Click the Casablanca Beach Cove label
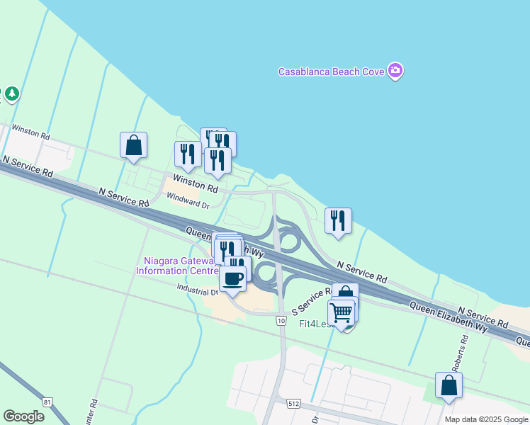coord(331,72)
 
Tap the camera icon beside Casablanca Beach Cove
coord(395,71)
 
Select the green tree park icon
coord(11,93)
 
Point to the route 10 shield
coord(281,322)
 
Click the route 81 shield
coord(47,402)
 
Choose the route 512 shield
coord(293,403)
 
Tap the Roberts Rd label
coord(464,349)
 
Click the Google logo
coord(23,416)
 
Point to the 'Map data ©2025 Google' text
coord(486,419)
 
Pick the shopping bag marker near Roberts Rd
coord(448,385)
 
